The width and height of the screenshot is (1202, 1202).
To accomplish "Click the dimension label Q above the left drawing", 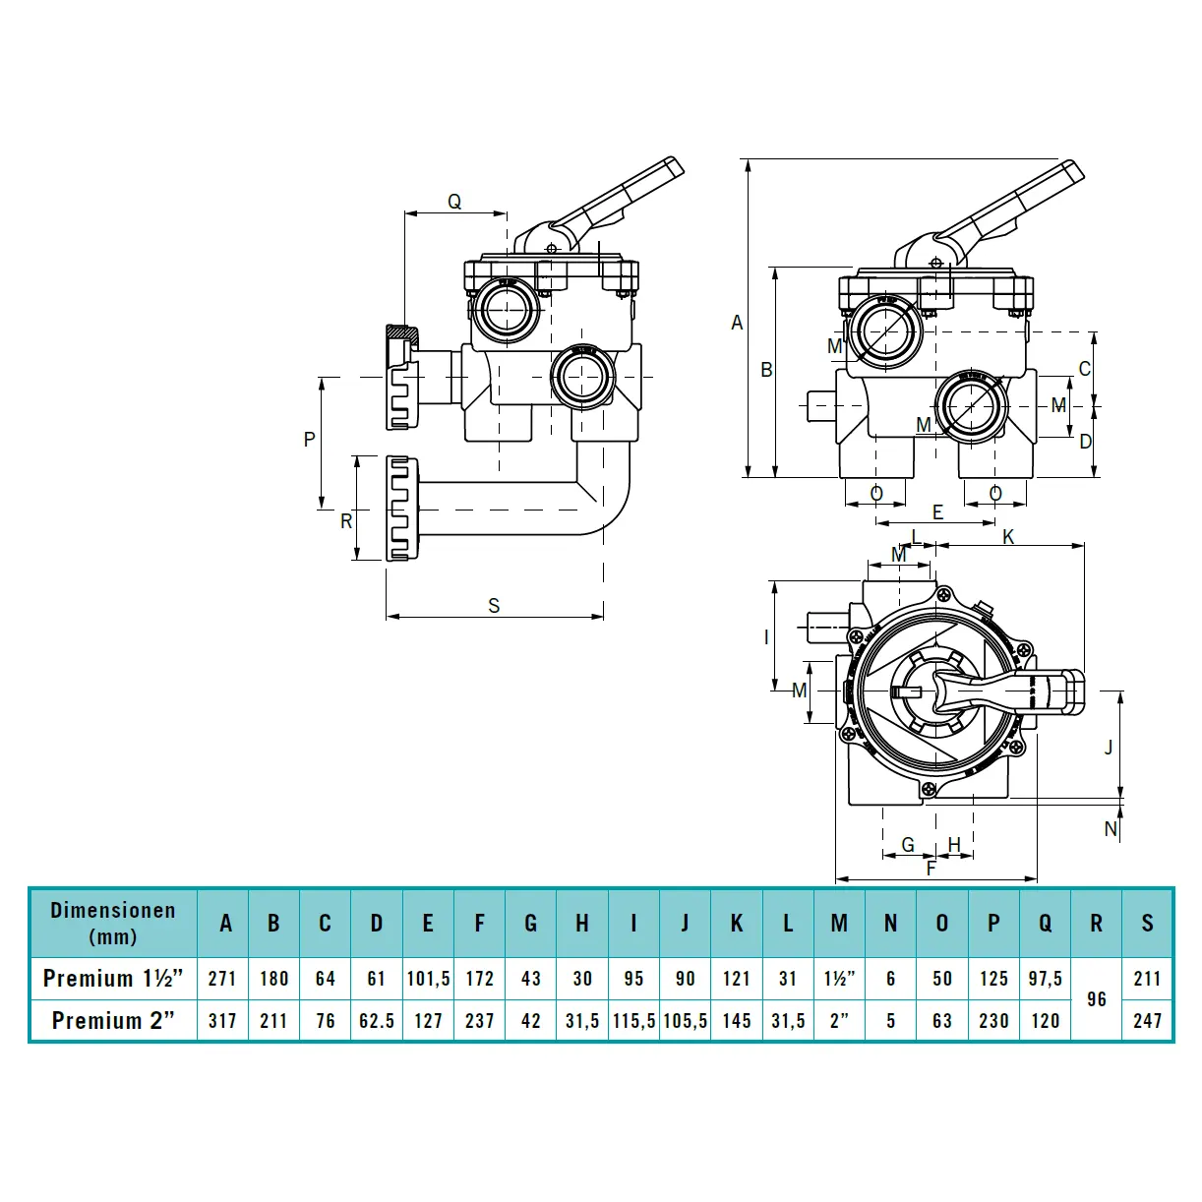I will [x=454, y=202].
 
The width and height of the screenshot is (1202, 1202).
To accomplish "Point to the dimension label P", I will [x=309, y=440].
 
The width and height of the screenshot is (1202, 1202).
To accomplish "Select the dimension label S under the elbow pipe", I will [x=494, y=606].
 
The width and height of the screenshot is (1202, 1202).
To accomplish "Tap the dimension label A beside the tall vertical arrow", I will [x=737, y=323].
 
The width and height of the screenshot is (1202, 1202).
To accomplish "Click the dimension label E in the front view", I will [x=937, y=512].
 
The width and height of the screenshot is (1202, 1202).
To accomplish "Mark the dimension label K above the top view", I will [x=1008, y=537].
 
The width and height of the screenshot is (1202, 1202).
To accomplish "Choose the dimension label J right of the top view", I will [x=1109, y=748].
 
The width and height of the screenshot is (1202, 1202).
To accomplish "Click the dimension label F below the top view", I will [x=932, y=869].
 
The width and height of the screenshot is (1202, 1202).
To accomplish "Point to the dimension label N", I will [x=1111, y=829].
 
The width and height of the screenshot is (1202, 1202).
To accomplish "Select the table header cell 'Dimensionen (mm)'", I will [x=113, y=923].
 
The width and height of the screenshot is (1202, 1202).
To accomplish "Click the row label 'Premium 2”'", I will [x=113, y=1021].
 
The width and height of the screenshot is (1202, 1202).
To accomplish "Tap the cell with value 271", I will [x=222, y=979].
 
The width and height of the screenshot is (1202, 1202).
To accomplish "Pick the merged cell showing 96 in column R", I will [x=1097, y=999].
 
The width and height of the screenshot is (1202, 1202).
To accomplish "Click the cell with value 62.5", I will [x=377, y=1021].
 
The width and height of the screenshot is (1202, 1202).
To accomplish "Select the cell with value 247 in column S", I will [x=1148, y=1021].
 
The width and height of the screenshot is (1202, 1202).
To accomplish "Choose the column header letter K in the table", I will [x=737, y=923].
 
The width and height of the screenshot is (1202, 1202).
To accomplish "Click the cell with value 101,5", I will [x=428, y=979].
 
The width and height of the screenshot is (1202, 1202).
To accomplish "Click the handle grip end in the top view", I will [x=1066, y=691].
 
